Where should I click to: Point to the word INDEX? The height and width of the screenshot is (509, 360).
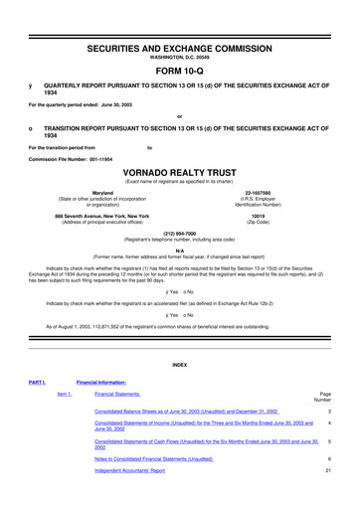(180, 365)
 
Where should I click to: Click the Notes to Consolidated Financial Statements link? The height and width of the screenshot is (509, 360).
(154, 459)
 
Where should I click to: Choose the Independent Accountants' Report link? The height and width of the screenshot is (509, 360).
(129, 472)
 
